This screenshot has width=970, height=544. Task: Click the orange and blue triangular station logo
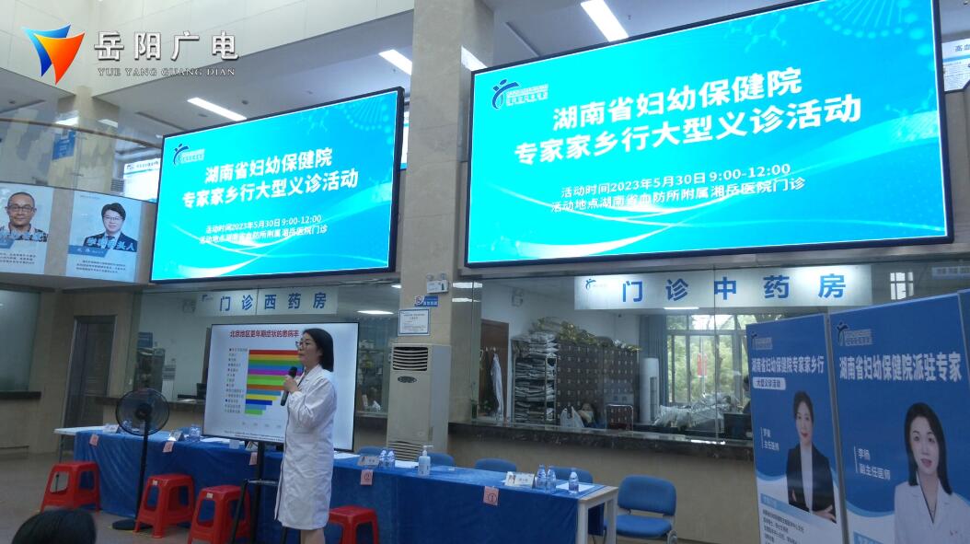point(53,52)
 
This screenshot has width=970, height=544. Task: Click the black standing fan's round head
point(142,411)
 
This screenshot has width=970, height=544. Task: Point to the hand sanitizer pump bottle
point(424,460)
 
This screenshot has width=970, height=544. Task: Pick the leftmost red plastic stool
point(71,484)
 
